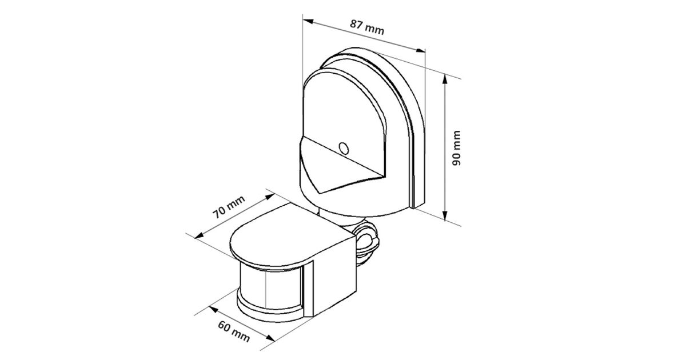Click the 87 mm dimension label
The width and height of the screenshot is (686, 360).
(367, 27)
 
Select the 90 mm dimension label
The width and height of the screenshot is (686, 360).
(456, 148)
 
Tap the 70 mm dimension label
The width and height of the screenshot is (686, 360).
(229, 207)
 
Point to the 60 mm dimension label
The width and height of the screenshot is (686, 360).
(234, 331)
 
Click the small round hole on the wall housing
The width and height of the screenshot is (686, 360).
(344, 148)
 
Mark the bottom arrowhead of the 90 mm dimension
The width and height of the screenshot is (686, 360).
(445, 215)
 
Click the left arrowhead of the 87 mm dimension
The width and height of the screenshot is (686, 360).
(308, 21)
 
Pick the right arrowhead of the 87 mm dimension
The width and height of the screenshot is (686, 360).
(421, 50)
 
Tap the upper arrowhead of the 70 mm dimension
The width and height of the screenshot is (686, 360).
(270, 196)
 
